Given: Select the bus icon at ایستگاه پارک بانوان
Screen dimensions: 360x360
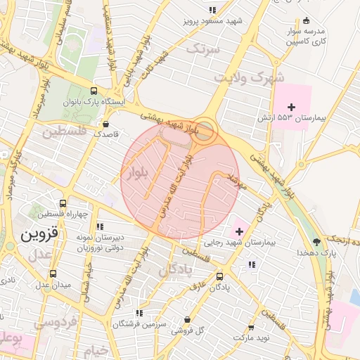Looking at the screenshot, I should [x=94, y=91].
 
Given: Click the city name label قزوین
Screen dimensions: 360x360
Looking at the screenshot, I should [x=43, y=234].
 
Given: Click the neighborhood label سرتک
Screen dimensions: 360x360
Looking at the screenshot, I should [x=205, y=49].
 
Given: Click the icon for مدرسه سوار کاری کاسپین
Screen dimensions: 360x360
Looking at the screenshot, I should [x=305, y=20].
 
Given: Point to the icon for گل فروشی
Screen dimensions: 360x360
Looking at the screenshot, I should [x=187, y=319].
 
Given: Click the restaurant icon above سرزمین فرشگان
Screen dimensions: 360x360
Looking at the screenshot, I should [x=139, y=313].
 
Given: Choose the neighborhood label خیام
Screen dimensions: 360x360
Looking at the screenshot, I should [x=94, y=350].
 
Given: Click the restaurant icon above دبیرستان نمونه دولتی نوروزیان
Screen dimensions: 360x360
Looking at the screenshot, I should [x=100, y=227].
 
